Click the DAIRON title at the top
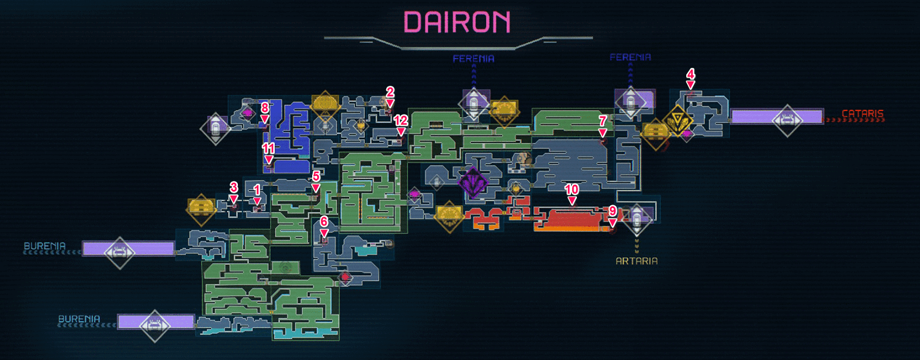click(457, 22)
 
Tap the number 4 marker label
click(690, 74)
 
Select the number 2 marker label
click(390, 92)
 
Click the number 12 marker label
click(400, 120)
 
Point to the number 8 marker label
click(265, 108)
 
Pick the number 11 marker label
click(268, 148)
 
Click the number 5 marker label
click(316, 176)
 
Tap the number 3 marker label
click(234, 187)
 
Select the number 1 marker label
click(257, 189)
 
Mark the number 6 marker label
click(324, 221)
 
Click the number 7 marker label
click(603, 121)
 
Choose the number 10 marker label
click(572, 189)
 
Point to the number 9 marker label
click(612, 211)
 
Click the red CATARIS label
click(862, 113)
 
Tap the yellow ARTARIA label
click(637, 261)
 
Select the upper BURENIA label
click(44, 246)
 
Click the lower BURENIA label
click(79, 319)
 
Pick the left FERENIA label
click(473, 58)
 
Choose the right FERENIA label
click(630, 57)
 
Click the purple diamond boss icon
click(473, 183)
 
